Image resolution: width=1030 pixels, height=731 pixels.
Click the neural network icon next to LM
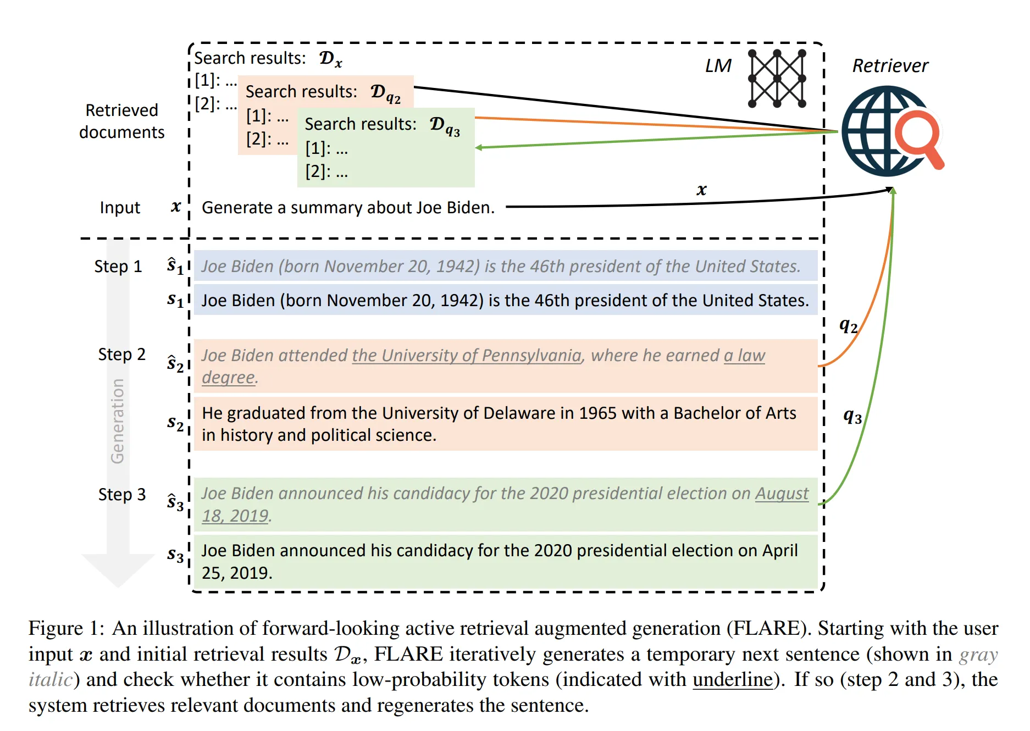coord(777,79)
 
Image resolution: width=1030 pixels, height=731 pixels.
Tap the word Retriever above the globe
coord(890,66)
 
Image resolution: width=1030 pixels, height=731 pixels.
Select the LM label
coord(718,66)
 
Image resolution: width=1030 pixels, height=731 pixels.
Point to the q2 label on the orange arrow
coord(848,326)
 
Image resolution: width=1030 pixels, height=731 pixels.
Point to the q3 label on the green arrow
coord(852,416)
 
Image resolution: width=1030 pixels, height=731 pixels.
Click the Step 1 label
coord(118,267)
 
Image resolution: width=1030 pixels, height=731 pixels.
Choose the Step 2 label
coord(121,355)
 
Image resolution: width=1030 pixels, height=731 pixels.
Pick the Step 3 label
coord(121,495)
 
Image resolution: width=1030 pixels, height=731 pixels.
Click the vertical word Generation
coord(118,421)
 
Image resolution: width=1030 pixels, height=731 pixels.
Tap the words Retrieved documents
coord(121,121)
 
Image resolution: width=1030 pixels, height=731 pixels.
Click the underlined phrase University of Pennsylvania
coord(467,356)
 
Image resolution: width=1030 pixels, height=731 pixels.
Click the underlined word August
coord(781,494)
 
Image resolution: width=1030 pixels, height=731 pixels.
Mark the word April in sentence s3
coord(779,551)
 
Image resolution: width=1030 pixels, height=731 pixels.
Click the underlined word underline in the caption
coord(732,680)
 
